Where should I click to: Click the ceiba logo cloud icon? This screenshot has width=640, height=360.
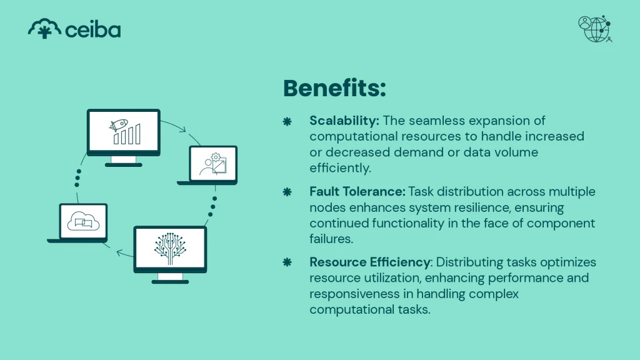click(44, 29)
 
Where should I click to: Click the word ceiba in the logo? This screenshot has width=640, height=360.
click(92, 29)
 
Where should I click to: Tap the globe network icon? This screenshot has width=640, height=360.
click(595, 29)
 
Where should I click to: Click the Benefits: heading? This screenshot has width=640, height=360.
click(334, 88)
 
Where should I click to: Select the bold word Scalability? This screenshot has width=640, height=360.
click(344, 121)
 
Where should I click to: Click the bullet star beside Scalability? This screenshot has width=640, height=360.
click(287, 121)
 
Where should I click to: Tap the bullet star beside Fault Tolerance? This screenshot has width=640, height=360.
click(287, 191)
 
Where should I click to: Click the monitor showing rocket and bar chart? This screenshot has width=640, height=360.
click(123, 132)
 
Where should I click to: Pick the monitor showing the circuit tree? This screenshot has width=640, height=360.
click(170, 248)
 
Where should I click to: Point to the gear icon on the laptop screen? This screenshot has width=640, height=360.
click(216, 157)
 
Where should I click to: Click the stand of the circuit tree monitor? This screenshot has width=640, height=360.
click(170, 277)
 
